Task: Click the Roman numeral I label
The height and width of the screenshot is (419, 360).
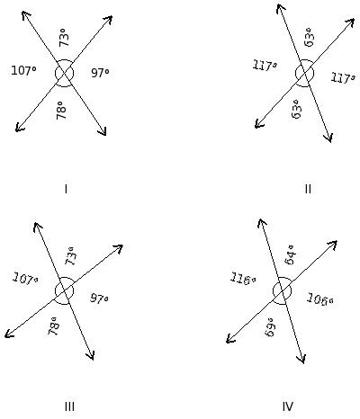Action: [66, 189]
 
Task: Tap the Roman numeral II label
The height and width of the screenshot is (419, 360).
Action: [308, 189]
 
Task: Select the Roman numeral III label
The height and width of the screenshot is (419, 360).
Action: [69, 406]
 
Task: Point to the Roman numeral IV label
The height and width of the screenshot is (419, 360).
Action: [288, 406]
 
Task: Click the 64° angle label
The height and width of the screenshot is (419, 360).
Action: [291, 255]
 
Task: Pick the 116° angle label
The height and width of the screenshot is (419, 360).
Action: [243, 279]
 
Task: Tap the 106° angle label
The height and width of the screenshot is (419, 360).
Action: [320, 299]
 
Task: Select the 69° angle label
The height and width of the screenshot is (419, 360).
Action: [270, 327]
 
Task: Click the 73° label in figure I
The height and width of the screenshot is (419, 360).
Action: [64, 38]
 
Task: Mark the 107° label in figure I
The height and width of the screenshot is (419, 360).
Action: [23, 71]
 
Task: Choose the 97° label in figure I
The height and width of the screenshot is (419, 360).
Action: [100, 73]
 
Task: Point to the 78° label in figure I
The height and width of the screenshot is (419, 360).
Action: [61, 110]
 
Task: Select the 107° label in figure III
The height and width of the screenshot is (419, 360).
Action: [25, 279]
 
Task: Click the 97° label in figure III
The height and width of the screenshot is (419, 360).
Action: [99, 299]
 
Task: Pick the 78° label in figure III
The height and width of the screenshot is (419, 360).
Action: [53, 325]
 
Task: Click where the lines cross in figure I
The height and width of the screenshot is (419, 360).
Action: [64, 74]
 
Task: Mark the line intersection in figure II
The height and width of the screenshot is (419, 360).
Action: [304, 73]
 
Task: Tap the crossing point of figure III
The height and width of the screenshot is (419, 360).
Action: [64, 290]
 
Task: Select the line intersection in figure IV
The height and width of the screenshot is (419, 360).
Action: [283, 290]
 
